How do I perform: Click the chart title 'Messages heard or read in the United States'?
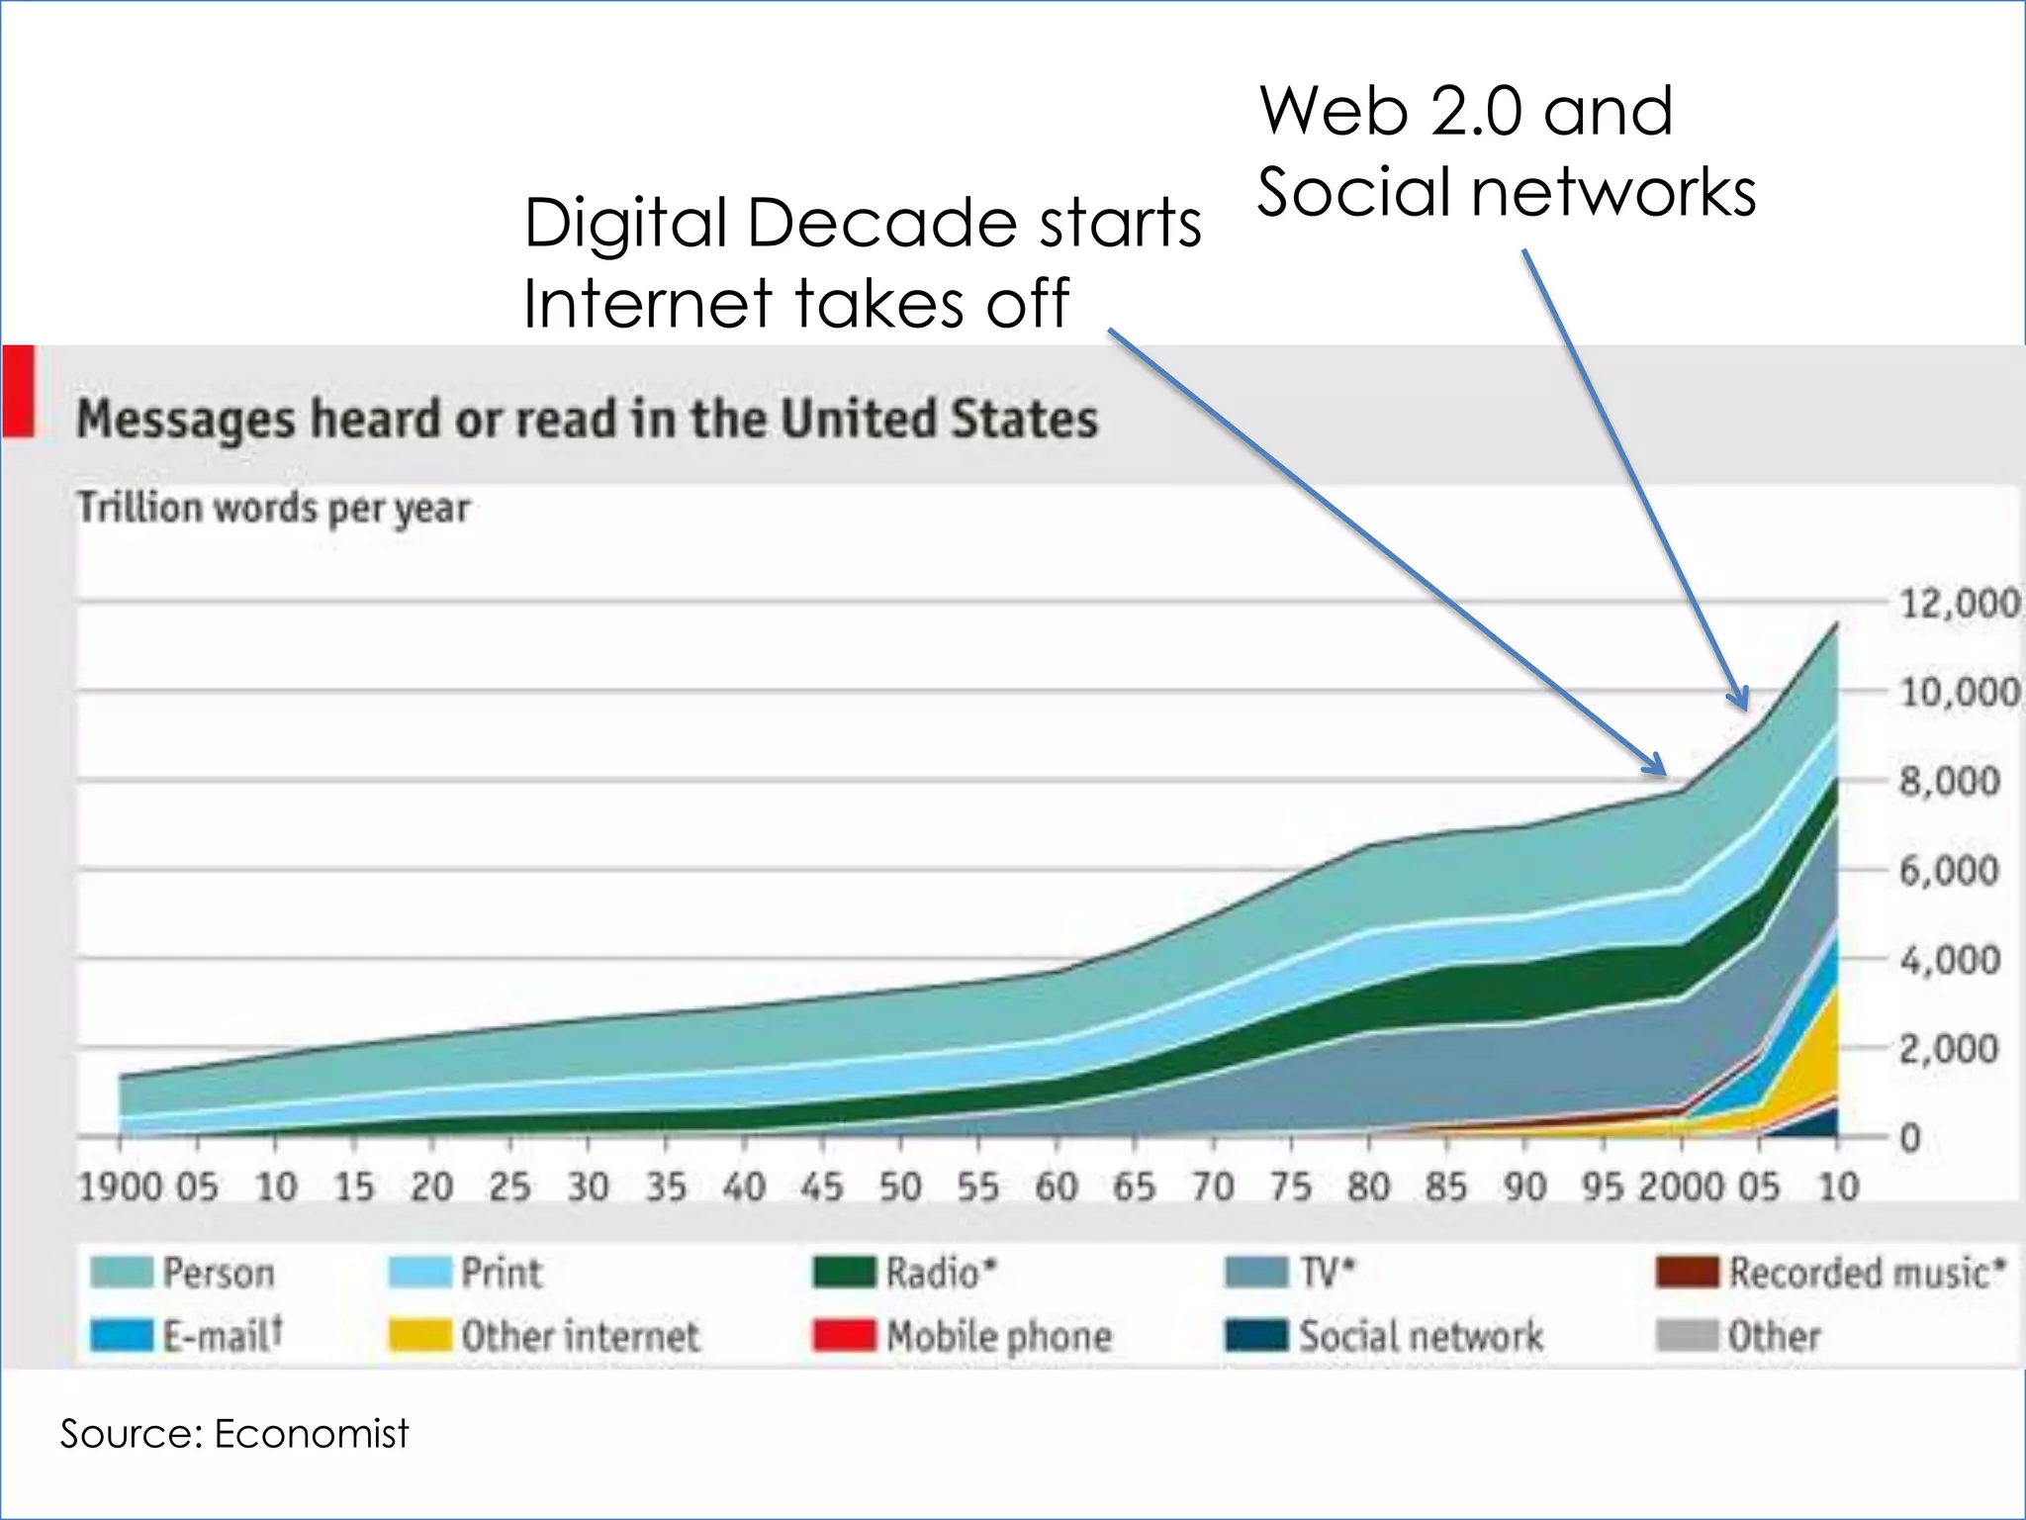(x=588, y=419)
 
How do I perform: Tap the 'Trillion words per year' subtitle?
(x=274, y=508)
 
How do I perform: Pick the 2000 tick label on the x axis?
(x=1679, y=1187)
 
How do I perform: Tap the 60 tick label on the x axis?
(x=1056, y=1187)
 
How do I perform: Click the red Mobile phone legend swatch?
(x=844, y=1336)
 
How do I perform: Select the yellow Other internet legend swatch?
(x=420, y=1336)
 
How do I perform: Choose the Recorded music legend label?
(x=1867, y=1273)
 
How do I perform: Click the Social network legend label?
(x=1421, y=1336)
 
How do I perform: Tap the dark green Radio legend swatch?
(x=844, y=1273)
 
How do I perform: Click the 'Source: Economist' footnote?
(x=234, y=1433)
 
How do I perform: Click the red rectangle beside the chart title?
(x=19, y=391)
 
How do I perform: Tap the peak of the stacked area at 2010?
(x=1837, y=623)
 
